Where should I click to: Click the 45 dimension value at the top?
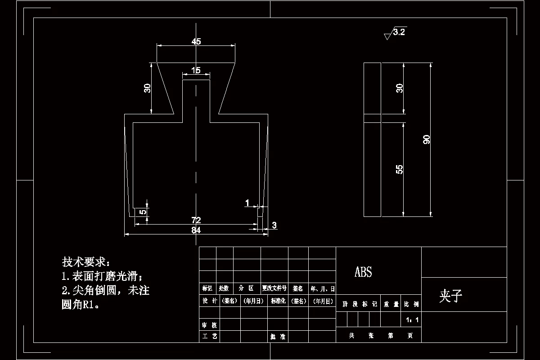196,42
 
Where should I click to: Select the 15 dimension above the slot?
196,70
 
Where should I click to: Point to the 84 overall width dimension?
196,230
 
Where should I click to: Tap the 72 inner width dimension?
196,220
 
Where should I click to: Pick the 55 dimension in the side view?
399,169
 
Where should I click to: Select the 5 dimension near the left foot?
142,212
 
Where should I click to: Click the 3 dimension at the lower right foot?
274,225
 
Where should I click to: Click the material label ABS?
363,272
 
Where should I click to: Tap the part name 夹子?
450,296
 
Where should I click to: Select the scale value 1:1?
412,320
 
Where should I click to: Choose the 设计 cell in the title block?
210,301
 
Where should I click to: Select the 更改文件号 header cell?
274,288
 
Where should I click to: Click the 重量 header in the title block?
391,305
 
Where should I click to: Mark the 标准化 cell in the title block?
278,301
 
